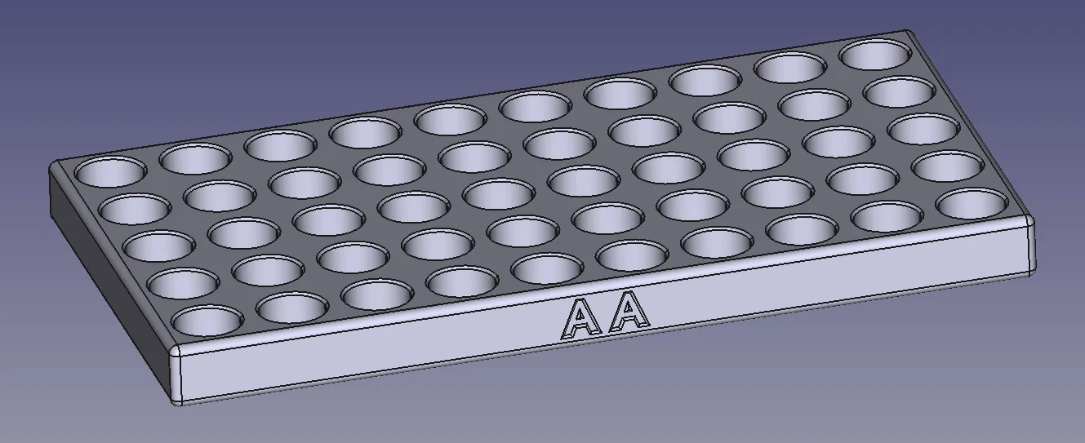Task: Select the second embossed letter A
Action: point(631,312)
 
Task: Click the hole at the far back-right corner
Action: point(876,54)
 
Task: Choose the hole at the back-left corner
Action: point(111,171)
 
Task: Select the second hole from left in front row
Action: point(293,308)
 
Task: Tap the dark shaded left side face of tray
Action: point(106,261)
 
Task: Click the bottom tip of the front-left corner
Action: point(177,401)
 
